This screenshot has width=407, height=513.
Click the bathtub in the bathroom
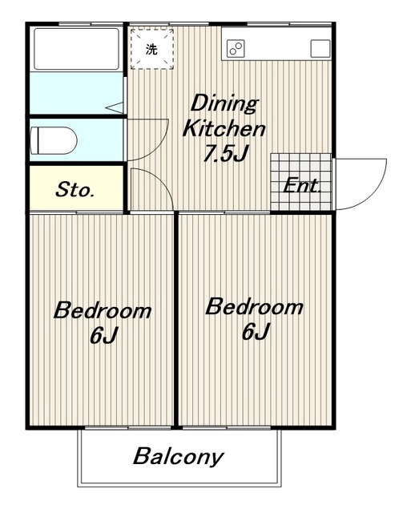76,49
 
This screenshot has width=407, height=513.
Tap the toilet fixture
54,141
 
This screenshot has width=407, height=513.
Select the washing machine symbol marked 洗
151,49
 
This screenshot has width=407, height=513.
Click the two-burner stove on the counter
236,49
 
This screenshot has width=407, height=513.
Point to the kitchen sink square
320,49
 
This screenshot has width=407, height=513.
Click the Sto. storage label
75,190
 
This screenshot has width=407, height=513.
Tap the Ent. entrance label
301,185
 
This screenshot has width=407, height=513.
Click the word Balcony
179,456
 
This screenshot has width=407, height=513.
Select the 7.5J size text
226,153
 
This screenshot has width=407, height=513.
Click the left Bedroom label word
103,310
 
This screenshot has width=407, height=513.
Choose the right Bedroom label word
254,306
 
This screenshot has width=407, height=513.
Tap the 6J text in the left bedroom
103,335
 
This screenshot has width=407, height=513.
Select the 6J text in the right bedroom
256,331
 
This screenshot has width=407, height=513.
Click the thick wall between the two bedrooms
176,320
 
